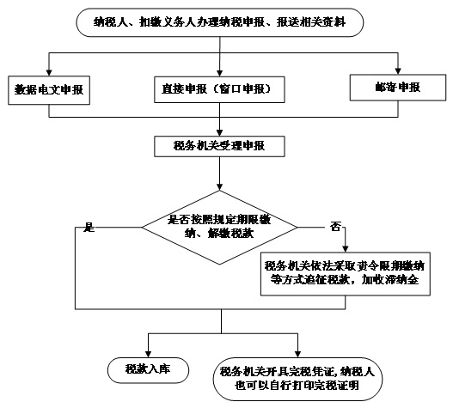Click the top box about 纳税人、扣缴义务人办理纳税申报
pos(219,22)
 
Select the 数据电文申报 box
pos(49,90)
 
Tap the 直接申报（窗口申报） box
pos(219,89)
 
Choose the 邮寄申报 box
pos(398,88)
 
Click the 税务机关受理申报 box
pos(219,146)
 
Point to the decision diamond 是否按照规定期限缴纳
pos(219,228)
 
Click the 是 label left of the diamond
pos(89,228)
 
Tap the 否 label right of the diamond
pos(335,227)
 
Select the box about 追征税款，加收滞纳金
pos(346,274)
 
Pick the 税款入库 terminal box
pos(148,370)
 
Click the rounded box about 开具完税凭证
pos(297,379)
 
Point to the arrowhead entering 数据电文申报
pos(49,72)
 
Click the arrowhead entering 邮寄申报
pos(398,71)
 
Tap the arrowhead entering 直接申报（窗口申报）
pos(219,73)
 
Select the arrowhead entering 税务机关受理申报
pos(219,133)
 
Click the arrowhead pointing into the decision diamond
pos(219,186)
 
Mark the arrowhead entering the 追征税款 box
pos(346,249)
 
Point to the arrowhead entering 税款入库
pos(148,354)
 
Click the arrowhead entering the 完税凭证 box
pos(297,354)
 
